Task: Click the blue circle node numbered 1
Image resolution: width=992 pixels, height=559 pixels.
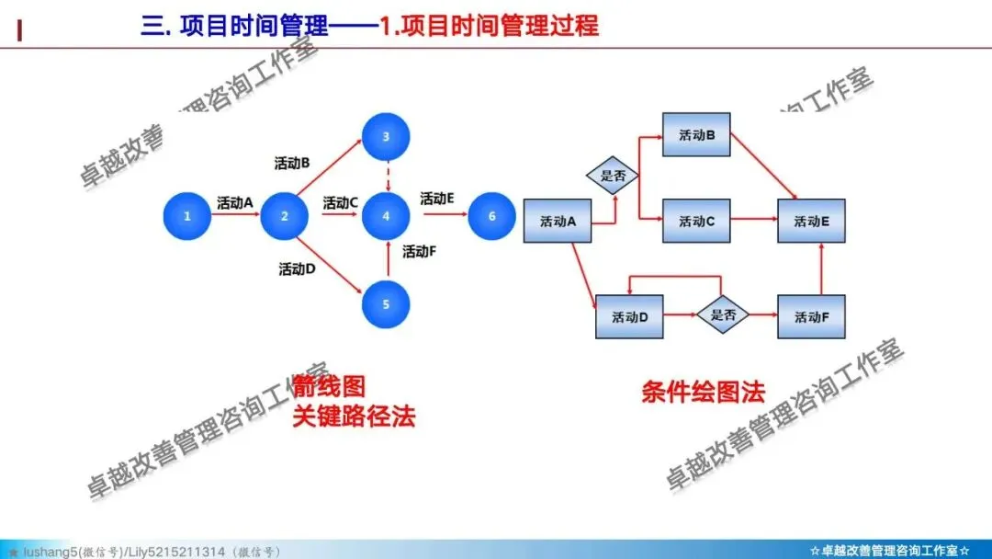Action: [x=187, y=217]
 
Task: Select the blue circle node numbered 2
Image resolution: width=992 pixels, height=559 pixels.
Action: [x=285, y=217]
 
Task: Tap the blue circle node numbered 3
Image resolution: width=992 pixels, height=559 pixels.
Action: [x=387, y=137]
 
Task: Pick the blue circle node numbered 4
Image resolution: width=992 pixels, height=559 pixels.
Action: [x=387, y=217]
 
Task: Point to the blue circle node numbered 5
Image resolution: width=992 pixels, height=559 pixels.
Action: [x=387, y=303]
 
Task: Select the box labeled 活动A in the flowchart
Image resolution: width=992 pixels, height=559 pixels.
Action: [x=558, y=221]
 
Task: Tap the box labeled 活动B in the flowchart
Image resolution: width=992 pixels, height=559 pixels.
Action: [x=696, y=136]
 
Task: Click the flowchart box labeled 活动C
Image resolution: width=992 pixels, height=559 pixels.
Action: [x=696, y=221]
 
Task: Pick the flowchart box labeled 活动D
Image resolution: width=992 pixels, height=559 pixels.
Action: [x=630, y=316]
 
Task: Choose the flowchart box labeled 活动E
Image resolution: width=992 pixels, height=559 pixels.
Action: [x=811, y=221]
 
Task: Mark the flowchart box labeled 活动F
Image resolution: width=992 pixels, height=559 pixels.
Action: [x=811, y=316]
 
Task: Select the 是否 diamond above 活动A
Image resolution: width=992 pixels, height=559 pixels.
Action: [x=613, y=176]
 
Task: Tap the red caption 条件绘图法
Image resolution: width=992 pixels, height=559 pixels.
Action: [x=703, y=393]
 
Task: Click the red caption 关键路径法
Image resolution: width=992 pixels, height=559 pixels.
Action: [x=354, y=416]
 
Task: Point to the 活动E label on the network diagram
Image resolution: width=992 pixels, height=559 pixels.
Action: [x=437, y=199]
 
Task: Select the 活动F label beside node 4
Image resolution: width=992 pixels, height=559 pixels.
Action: [x=419, y=252]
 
